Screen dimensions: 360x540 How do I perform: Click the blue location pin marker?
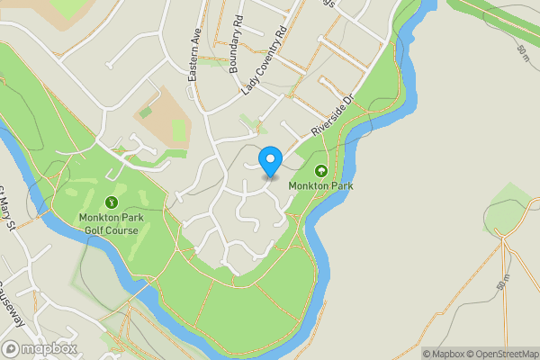pyautogui.click(x=270, y=161)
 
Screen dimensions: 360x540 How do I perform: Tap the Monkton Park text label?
pyautogui.click(x=320, y=185)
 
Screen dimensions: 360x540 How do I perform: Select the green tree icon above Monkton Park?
pyautogui.click(x=320, y=171)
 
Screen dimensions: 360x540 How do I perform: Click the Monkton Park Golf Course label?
pyautogui.click(x=108, y=224)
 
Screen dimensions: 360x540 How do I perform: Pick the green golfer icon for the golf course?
pyautogui.click(x=112, y=202)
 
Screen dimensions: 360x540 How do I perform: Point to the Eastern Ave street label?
pyautogui.click(x=193, y=59)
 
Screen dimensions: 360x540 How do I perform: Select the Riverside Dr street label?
pyautogui.click(x=334, y=117)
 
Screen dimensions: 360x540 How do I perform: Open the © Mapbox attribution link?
pyautogui.click(x=444, y=354)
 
